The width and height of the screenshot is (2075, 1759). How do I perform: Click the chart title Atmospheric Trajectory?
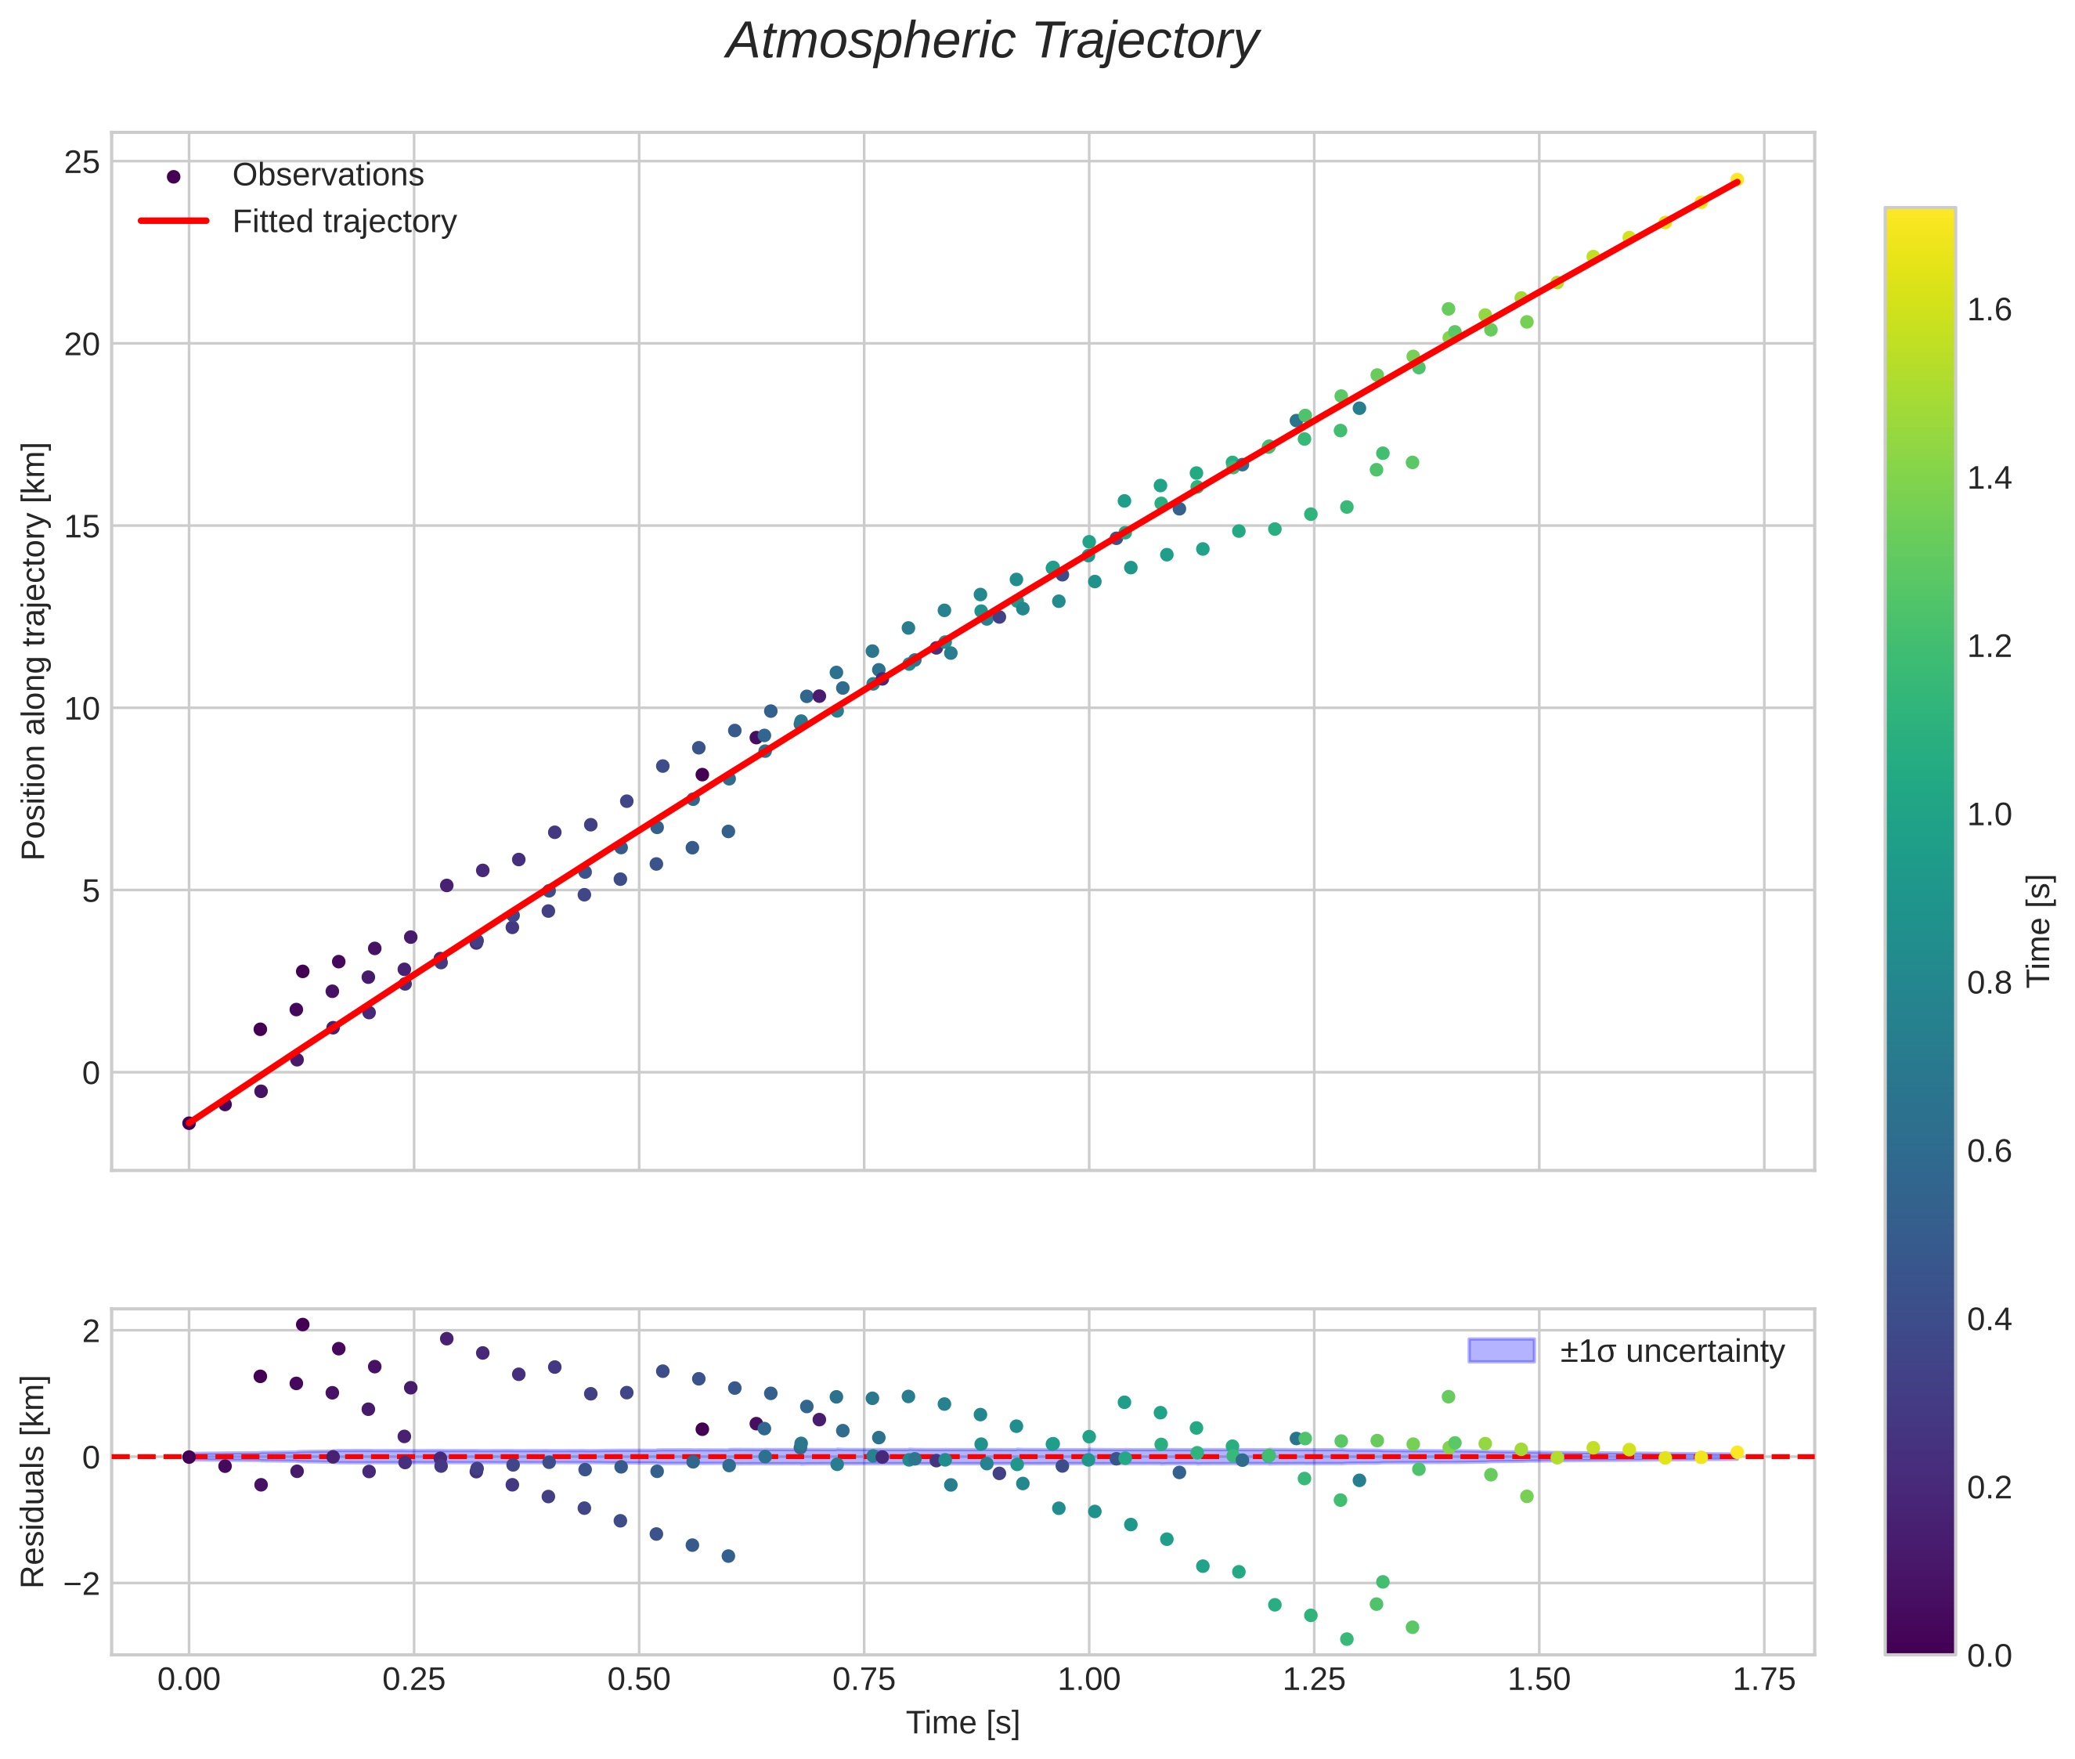(992, 42)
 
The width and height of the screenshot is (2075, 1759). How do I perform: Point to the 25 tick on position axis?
(81, 161)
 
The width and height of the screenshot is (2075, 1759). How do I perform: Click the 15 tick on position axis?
(81, 526)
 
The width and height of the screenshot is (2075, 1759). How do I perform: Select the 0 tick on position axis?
(91, 1073)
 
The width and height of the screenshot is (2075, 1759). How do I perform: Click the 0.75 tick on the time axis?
(864, 1680)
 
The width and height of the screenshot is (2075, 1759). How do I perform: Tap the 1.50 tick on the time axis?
(1539, 1680)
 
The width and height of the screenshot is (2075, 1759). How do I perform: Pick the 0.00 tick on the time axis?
(189, 1680)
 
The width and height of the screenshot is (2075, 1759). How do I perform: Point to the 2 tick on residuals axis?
(91, 1331)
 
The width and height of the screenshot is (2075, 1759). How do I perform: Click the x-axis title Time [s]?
(962, 1723)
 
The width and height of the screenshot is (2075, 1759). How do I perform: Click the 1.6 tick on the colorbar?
(1989, 310)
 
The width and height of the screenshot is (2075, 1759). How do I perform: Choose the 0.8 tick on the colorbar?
(1989, 983)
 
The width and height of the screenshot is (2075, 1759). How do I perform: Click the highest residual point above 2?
(302, 1324)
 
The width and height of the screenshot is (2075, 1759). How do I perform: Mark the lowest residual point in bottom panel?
(1346, 1639)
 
